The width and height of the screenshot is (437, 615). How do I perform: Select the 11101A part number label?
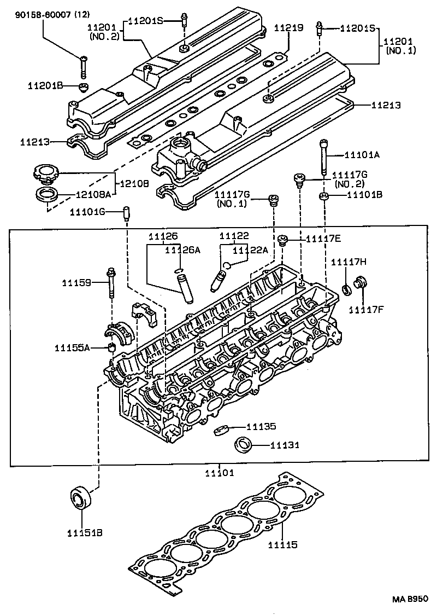click(x=361, y=155)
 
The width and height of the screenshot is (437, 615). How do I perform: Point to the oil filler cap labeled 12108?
click(x=45, y=175)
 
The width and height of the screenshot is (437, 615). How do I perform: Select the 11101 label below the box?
click(x=219, y=473)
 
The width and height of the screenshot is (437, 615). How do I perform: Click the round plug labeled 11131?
click(x=243, y=445)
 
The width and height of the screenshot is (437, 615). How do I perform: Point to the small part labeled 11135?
click(x=220, y=429)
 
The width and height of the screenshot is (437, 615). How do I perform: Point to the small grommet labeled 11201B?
click(x=84, y=88)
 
